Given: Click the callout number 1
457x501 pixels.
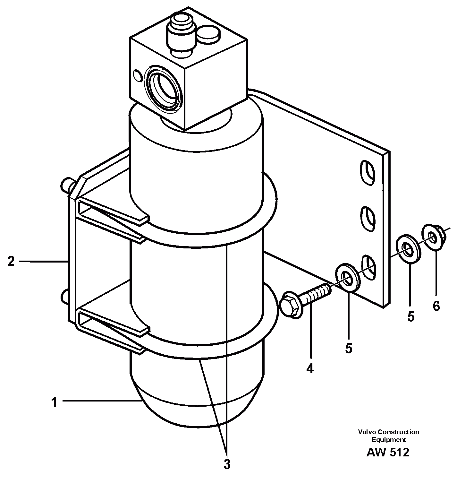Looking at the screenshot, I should (55, 402).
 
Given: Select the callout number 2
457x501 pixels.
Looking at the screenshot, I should (11, 262).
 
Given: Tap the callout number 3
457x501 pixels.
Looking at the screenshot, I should (227, 464).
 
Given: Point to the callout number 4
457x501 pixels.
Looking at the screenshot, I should (309, 368).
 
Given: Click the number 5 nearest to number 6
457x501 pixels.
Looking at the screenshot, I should (411, 316).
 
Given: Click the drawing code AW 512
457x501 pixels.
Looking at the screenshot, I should (388, 452).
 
